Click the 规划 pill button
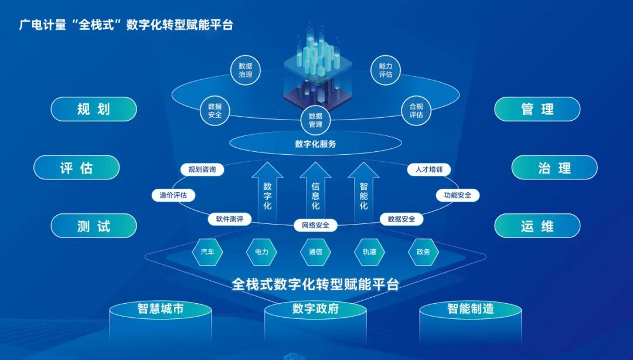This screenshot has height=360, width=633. coord(93,109)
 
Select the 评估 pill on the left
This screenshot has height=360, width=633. coord(76,168)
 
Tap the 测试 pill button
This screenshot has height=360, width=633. coord(93,226)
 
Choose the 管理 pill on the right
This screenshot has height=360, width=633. coord(537,109)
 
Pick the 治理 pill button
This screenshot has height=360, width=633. coord(554,168)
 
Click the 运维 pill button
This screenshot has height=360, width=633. coord(537,226)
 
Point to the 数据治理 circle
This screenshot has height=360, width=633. coord(246,70)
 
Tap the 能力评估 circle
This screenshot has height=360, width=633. coord(386,70)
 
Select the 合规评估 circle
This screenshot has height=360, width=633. coord(416,111)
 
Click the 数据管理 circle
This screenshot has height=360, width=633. coord(315,120)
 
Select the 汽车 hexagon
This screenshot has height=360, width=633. coord(207,252)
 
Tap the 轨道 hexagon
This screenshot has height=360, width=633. coord(369,252)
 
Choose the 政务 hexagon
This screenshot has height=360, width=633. coord(423,252)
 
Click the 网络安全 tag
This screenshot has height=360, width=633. coord(315,225)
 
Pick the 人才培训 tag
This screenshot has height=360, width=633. coord(428,170)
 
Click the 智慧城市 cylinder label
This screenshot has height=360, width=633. coord(161,308)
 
